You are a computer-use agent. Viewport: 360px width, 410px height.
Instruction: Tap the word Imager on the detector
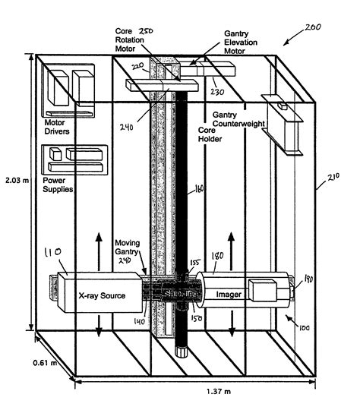coord(229,293)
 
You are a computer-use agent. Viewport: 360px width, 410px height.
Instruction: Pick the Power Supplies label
coord(58,184)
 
